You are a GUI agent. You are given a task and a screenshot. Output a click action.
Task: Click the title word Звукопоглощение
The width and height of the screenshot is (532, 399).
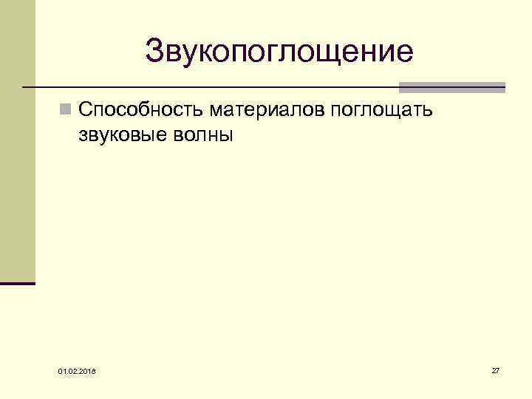[x=279, y=52]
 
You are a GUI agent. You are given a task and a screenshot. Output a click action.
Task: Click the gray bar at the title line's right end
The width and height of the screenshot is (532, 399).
[x=451, y=87]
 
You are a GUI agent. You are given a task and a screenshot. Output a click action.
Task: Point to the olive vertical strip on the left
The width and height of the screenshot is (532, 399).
[x=17, y=140]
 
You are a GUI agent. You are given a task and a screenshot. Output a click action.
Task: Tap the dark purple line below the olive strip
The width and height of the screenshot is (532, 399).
[x=18, y=283]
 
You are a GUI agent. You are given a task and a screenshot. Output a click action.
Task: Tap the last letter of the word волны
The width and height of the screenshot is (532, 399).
[x=225, y=136]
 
